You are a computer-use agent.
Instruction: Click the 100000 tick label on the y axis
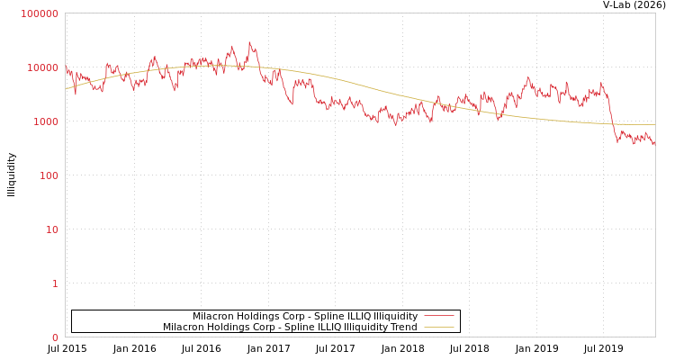click(x=40, y=13)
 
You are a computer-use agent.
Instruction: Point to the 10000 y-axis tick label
click(x=43, y=67)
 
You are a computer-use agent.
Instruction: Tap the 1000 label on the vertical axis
click(x=46, y=121)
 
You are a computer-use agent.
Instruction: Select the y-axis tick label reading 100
click(x=49, y=175)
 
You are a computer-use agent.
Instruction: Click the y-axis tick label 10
click(x=52, y=229)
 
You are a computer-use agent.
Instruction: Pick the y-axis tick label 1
click(x=55, y=283)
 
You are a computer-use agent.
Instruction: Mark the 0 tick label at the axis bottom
click(x=55, y=337)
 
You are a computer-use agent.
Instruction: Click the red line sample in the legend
click(x=438, y=316)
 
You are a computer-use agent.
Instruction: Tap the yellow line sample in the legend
click(x=438, y=327)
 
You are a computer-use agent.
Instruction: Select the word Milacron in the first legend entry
click(x=213, y=316)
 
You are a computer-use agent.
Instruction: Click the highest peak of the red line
click(x=250, y=42)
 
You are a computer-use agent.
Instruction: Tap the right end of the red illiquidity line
click(x=654, y=144)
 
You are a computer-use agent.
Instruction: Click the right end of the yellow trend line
click(x=654, y=124)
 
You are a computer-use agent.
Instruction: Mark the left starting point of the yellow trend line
click(x=66, y=89)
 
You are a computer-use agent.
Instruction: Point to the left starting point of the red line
click(x=66, y=66)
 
